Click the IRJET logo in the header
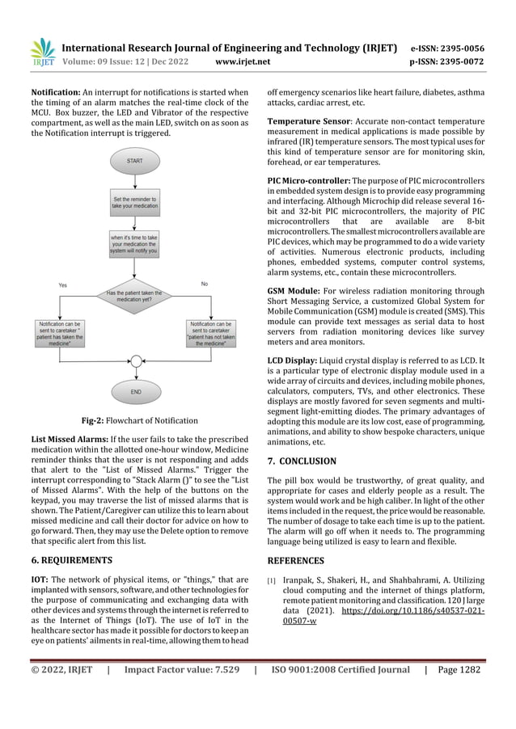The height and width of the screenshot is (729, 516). (41, 52)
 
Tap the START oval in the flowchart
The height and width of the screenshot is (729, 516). (134, 161)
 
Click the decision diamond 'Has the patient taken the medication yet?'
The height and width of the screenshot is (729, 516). (134, 297)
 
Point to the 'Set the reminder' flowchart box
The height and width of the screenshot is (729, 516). (134, 201)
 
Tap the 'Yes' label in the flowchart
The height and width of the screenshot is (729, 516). (62, 285)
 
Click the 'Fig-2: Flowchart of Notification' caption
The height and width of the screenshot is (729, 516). (140, 420)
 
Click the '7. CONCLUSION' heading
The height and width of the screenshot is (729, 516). (307, 461)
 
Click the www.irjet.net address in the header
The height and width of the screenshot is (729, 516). (241, 59)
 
